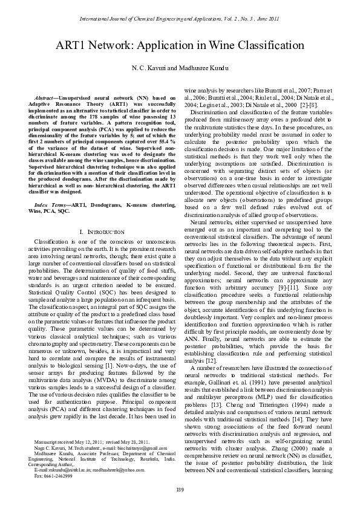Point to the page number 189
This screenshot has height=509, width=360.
(180, 488)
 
